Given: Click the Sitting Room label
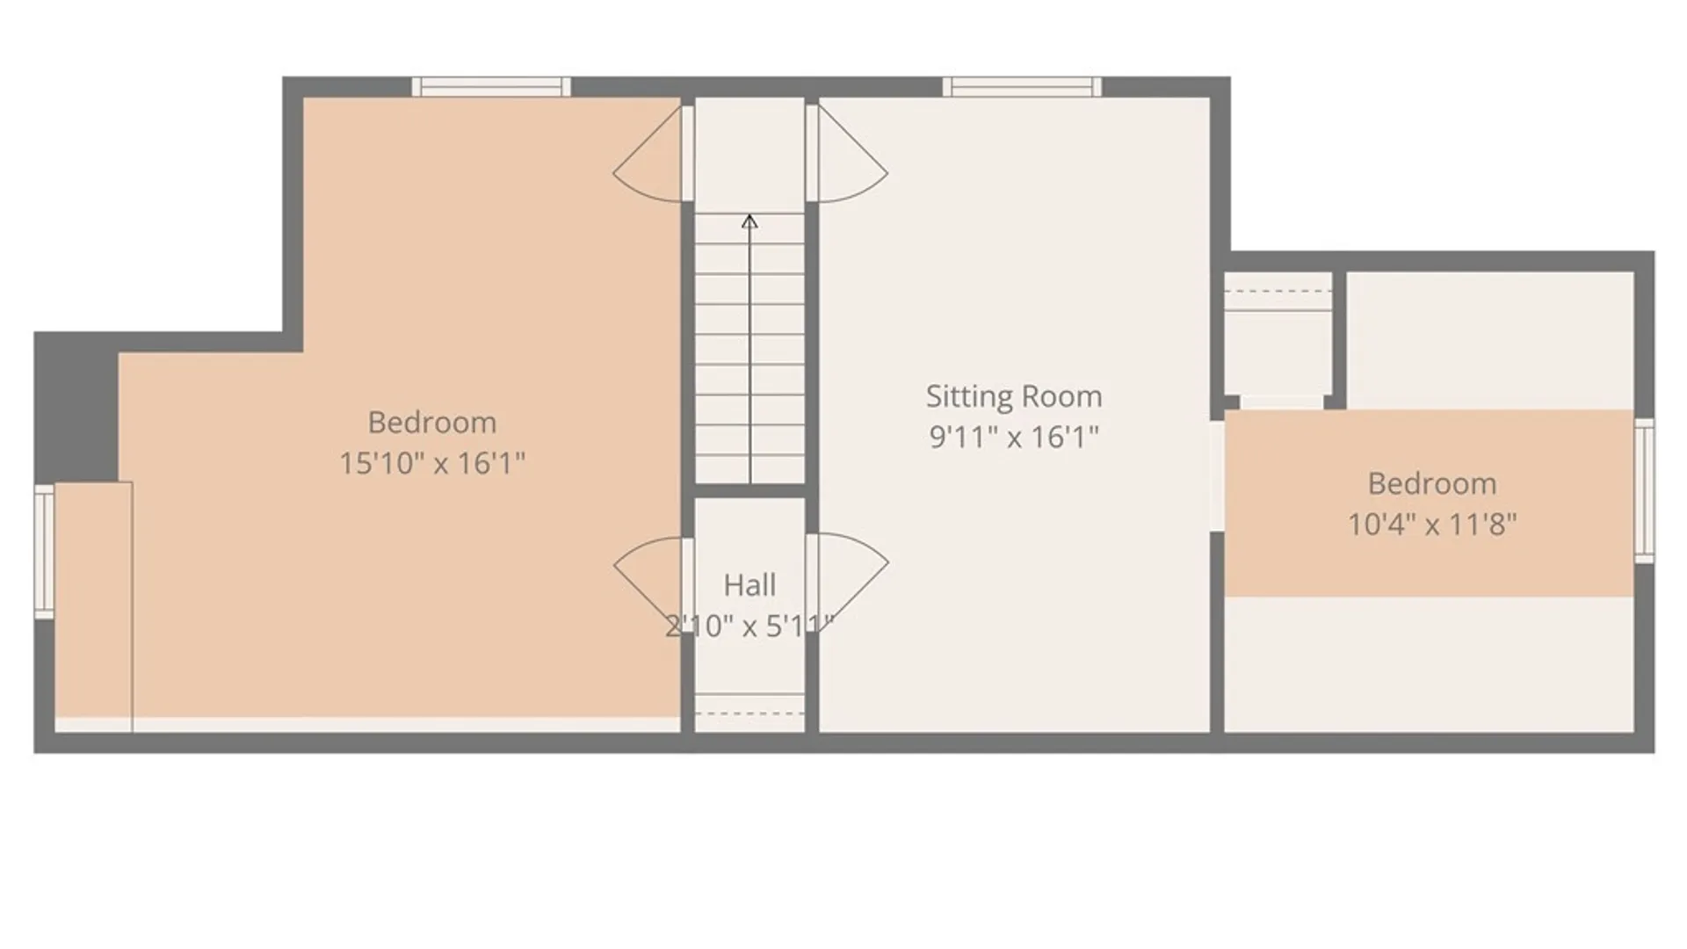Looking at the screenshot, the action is (1014, 396).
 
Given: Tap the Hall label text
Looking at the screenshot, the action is (749, 585).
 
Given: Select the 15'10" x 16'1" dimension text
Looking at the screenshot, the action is (432, 463).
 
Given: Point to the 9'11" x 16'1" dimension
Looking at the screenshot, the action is (1014, 437).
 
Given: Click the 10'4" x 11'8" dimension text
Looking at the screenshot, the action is (1432, 525).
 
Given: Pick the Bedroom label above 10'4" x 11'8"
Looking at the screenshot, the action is (1432, 483).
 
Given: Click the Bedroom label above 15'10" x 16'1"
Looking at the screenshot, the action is (432, 423).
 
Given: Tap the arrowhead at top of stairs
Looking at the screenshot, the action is (749, 221).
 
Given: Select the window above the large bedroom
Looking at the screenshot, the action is (491, 87).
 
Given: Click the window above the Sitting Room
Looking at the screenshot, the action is (1022, 87).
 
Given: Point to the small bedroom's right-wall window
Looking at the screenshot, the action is (1644, 490).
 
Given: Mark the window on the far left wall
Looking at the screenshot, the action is (44, 551).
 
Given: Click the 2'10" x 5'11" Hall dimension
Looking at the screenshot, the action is (749, 627).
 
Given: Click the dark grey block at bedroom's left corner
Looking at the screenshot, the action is (76, 407).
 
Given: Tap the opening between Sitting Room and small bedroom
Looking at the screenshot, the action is (1217, 476).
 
